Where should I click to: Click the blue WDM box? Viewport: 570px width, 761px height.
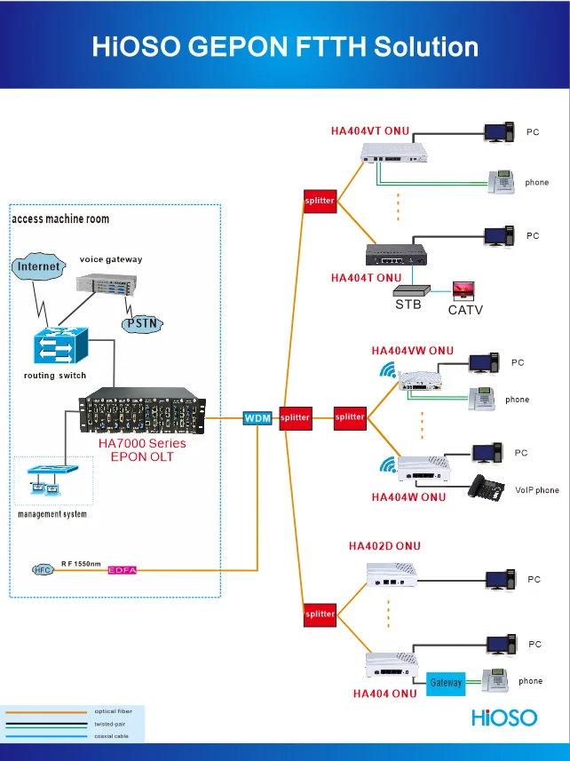click(257, 417)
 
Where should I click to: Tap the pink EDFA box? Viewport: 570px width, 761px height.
click(123, 570)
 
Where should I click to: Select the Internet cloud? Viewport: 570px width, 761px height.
click(40, 266)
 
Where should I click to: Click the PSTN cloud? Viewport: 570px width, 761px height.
click(142, 323)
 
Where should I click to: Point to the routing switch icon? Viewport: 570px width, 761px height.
click(57, 345)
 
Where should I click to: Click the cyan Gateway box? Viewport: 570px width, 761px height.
click(446, 683)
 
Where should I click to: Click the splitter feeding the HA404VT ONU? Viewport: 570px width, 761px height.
click(319, 201)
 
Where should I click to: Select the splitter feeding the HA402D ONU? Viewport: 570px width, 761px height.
click(320, 614)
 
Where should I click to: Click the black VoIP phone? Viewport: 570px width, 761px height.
click(487, 487)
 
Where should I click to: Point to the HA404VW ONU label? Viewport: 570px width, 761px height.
click(412, 351)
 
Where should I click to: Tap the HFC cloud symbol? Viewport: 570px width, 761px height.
click(43, 570)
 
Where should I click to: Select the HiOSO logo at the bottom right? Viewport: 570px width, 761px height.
click(504, 716)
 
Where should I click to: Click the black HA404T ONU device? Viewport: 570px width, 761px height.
click(396, 255)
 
